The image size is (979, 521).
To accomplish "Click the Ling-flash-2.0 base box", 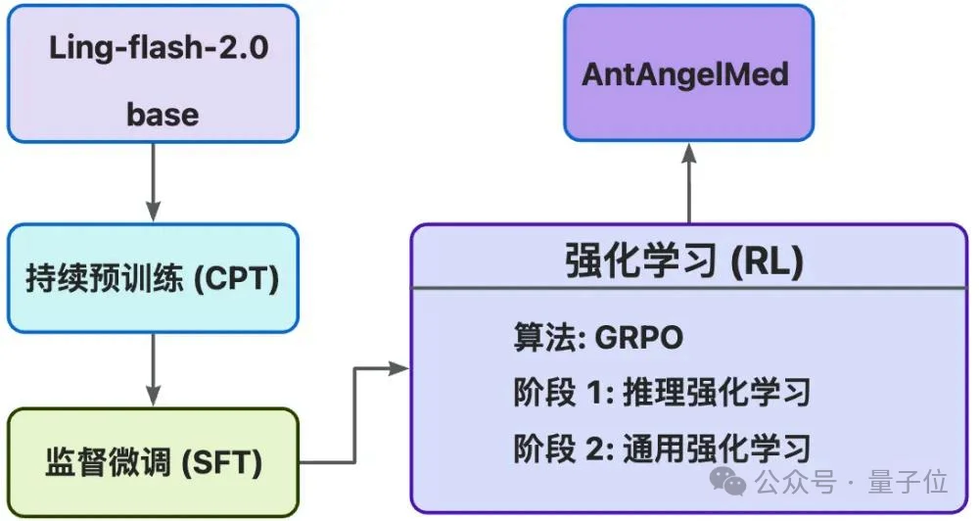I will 153,73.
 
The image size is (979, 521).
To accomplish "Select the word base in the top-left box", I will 162,115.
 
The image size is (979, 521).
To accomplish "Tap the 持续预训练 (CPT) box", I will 153,279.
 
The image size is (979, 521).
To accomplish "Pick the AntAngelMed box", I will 687,73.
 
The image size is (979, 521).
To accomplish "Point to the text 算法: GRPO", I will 598,338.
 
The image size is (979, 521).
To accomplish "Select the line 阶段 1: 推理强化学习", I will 662,393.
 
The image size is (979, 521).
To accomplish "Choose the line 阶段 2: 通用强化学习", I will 662,449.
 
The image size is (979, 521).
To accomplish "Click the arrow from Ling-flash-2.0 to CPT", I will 153,181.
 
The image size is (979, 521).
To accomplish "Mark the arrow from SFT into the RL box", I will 354,411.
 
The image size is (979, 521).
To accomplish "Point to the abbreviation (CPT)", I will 236,279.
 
